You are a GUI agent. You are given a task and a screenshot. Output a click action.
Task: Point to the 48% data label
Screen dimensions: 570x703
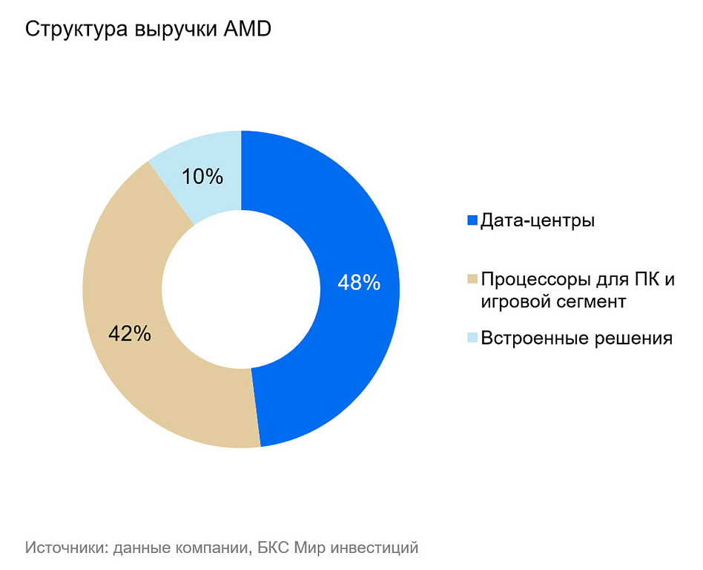(x=359, y=283)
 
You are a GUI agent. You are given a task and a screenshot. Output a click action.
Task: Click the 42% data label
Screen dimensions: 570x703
(x=130, y=334)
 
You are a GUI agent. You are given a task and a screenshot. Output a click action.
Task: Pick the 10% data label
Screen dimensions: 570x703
(x=202, y=177)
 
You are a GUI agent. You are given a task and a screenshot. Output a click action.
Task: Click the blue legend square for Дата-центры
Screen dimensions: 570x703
(x=472, y=220)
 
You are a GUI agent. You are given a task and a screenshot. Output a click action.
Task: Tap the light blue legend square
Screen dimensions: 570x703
(x=472, y=338)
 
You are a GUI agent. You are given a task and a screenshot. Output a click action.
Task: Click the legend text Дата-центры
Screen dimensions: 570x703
(x=538, y=220)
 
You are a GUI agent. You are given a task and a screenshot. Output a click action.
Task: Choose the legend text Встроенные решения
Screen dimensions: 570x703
(x=576, y=338)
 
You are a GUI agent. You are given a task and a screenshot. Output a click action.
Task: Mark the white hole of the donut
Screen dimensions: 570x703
(x=241, y=289)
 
